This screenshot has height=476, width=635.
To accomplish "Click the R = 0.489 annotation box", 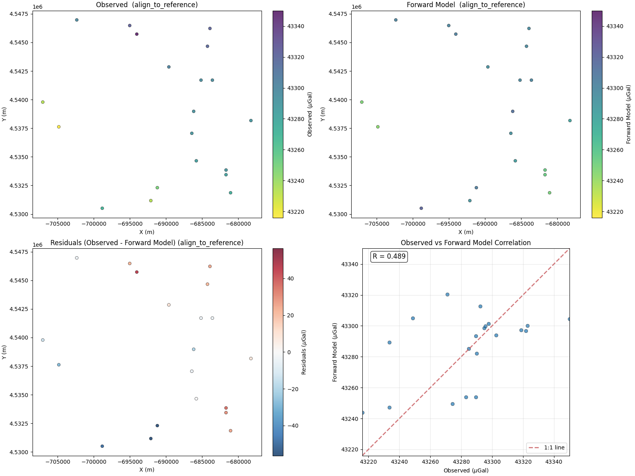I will tap(389, 256).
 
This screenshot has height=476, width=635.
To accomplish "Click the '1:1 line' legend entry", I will tap(546, 447).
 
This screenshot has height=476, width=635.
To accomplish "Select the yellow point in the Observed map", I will tap(59, 127).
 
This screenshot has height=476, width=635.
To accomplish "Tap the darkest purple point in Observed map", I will tap(137, 34).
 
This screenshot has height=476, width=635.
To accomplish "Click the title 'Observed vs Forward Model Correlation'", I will tap(466, 243).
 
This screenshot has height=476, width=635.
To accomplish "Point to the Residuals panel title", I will tap(147, 243).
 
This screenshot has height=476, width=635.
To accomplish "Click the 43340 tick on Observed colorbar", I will tap(296, 26).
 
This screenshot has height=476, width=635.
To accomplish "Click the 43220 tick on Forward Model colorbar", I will tap(615, 212).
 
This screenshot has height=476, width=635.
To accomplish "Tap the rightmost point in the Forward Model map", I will tap(570, 121).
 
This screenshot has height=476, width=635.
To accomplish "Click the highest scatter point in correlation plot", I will tap(447, 294).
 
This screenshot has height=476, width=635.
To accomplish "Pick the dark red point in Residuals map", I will tap(137, 272).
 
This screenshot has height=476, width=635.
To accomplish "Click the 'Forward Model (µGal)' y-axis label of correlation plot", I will tap(335, 352).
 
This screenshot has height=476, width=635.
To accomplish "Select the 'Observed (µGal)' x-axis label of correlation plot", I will tap(466, 470).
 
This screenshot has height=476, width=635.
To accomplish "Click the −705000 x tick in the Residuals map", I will tap(58, 462).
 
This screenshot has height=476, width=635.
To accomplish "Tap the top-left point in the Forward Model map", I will tap(396, 20).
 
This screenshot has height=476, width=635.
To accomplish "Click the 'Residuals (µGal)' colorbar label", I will tap(304, 352).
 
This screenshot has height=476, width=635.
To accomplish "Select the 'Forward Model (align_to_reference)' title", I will tap(466, 5).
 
